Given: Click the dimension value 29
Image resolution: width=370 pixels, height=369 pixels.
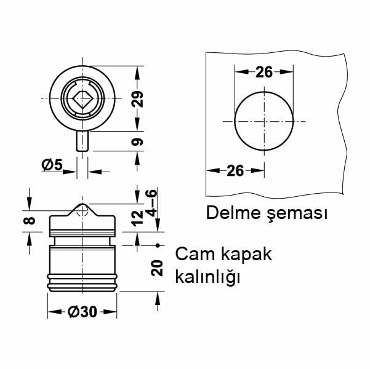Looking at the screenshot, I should [139, 99].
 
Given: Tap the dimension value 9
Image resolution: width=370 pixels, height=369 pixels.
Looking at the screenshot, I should [139, 142].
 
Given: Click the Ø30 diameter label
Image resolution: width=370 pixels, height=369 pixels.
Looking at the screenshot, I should [83, 312].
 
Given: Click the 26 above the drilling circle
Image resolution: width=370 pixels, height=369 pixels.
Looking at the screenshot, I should [263, 72].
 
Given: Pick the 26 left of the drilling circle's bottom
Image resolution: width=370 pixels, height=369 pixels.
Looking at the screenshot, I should [235, 170].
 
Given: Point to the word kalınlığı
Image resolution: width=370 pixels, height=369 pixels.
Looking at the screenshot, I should [206, 277].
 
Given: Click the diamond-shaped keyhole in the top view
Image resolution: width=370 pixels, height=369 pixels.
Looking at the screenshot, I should [81, 99].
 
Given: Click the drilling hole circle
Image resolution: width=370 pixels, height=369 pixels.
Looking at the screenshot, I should [263, 120].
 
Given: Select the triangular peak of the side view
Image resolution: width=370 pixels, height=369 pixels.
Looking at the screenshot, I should [82, 209].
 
